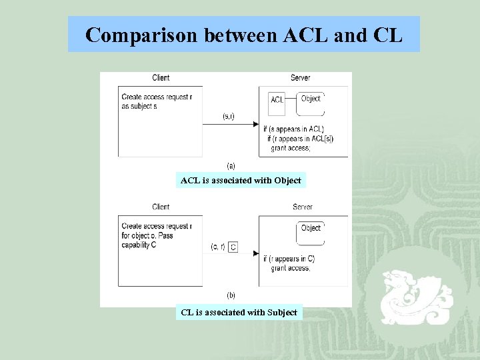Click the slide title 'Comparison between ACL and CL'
pyautogui.click(x=244, y=35)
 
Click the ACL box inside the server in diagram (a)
pyautogui.click(x=277, y=99)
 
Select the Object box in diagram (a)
pyautogui.click(x=311, y=99)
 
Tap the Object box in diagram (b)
pyautogui.click(x=311, y=228)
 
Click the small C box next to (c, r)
pyautogui.click(x=233, y=247)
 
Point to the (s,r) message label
pyautogui.click(x=228, y=117)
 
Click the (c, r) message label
pyautogui.click(x=217, y=247)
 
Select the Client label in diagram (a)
pyautogui.click(x=161, y=78)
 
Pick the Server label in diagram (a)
pyautogui.click(x=300, y=78)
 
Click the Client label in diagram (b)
pyautogui.click(x=161, y=207)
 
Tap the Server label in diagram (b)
pyautogui.click(x=302, y=207)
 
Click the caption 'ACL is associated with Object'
pyautogui.click(x=241, y=180)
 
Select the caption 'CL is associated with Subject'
pyautogui.click(x=239, y=312)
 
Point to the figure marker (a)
pyautogui.click(x=231, y=165)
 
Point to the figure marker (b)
pyautogui.click(x=231, y=295)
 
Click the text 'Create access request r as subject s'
pyautogui.click(x=157, y=101)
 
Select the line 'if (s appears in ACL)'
pyautogui.click(x=293, y=129)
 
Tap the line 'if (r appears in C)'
pyautogui.click(x=289, y=259)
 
